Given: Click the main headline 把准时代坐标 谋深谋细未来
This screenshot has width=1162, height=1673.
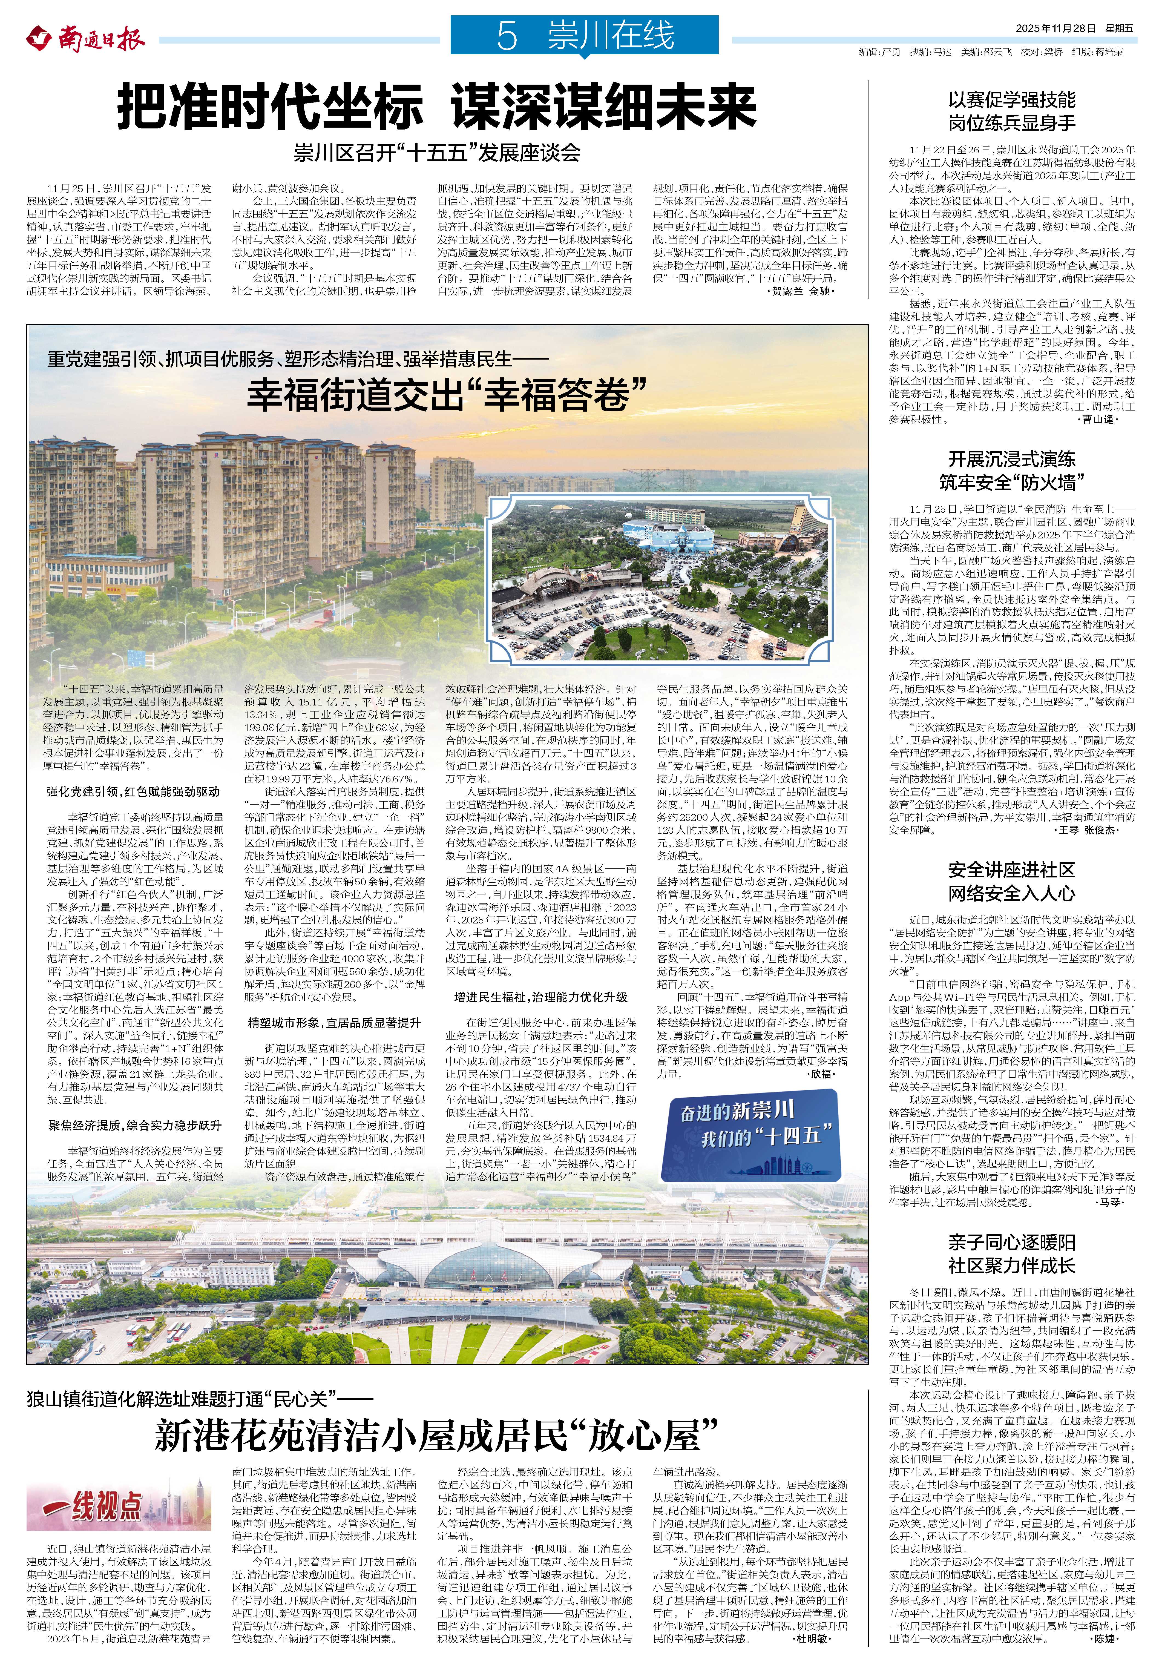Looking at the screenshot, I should (x=437, y=107).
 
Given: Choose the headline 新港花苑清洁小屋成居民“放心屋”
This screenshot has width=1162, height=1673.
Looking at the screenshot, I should (x=437, y=1435).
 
